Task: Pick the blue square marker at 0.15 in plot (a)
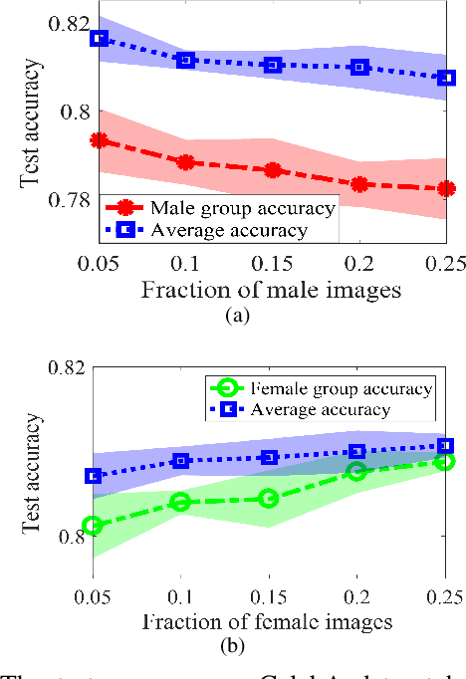pyautogui.click(x=272, y=65)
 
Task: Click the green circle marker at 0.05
pyautogui.click(x=93, y=525)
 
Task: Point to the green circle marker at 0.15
pyautogui.click(x=268, y=498)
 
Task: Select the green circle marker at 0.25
pyautogui.click(x=445, y=461)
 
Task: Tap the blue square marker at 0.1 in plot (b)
pyautogui.click(x=180, y=461)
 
